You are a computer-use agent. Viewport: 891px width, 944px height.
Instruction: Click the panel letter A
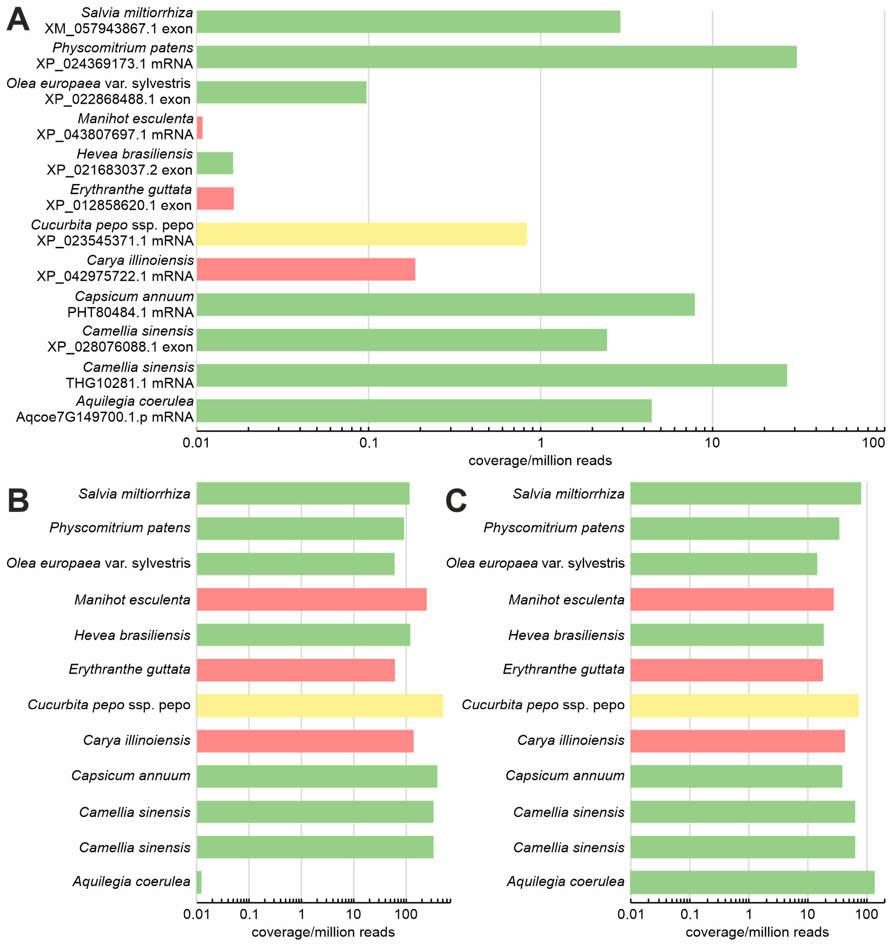pos(18,20)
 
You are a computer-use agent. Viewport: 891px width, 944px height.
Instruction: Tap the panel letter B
pos(18,501)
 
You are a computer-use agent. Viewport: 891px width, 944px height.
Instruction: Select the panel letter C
pos(456,501)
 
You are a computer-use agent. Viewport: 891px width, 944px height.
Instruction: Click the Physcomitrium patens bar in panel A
pos(496,57)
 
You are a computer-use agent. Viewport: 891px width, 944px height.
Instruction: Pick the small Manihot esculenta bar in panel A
pos(199,128)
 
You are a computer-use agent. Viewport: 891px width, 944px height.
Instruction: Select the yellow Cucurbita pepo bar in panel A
pos(362,234)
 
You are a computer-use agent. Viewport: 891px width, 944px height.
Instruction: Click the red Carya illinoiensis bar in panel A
pos(306,269)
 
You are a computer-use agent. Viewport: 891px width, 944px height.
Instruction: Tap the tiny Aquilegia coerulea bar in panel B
pos(199,882)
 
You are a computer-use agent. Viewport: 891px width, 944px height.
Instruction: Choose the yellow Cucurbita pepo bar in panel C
pos(744,706)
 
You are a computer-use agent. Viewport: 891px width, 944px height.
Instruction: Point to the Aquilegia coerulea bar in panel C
pos(752,882)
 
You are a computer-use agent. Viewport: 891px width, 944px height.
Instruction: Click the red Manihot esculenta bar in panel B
pos(312,599)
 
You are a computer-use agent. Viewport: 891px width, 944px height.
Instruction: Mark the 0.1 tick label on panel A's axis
pos(368,443)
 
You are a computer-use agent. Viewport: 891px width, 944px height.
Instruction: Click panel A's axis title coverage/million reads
pos(540,461)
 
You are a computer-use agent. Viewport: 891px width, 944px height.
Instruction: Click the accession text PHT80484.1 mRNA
pos(131,312)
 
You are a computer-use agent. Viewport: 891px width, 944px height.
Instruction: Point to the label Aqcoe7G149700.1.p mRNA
pos(105,417)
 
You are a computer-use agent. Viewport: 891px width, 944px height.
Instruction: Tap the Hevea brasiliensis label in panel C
pos(566,635)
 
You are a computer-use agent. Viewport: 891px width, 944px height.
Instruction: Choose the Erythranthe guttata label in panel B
pos(130,670)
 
